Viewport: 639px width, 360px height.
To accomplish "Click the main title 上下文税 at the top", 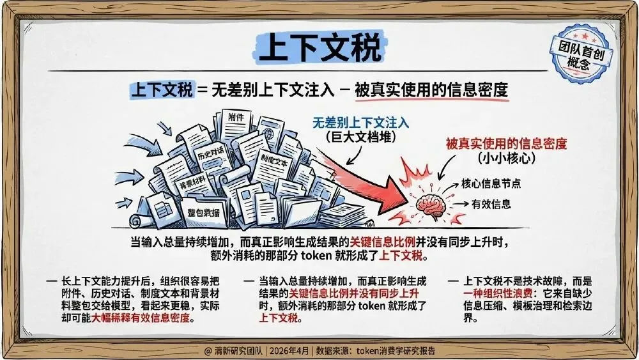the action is coord(319,47).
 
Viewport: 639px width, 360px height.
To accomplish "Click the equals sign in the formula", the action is coord(202,90).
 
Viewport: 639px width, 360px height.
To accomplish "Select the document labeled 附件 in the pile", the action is coord(236,118).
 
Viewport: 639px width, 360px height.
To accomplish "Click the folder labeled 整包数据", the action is coord(204,212).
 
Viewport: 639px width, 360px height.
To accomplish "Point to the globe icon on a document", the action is coord(269,136).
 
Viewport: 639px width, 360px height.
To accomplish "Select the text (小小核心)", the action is coord(506,158).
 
